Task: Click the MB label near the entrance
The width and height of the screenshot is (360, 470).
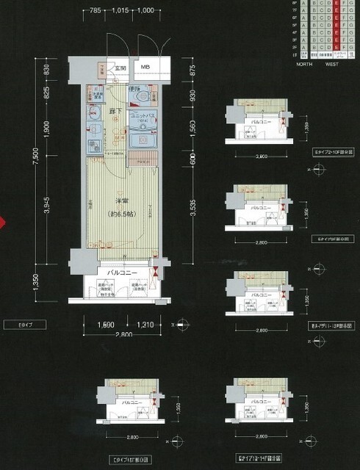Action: pyautogui.click(x=145, y=68)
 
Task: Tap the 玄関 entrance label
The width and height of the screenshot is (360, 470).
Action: pyautogui.click(x=120, y=68)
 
